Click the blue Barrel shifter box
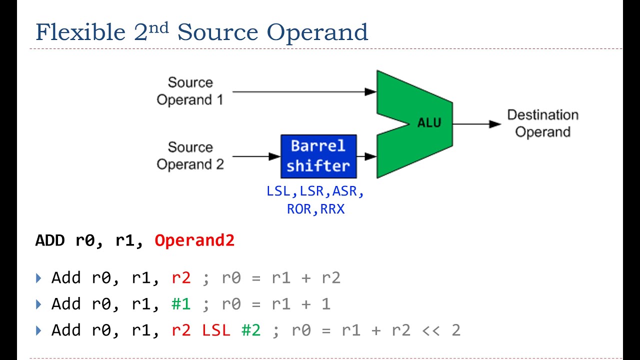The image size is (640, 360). pyautogui.click(x=318, y=156)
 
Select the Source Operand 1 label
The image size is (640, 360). pyautogui.click(x=190, y=91)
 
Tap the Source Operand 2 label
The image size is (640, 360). pyautogui.click(x=190, y=156)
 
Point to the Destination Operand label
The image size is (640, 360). pyautogui.click(x=542, y=123)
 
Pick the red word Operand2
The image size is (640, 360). pyautogui.click(x=194, y=240)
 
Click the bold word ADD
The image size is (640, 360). pyautogui.click(x=50, y=240)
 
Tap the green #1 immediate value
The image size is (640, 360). pyautogui.click(x=181, y=304)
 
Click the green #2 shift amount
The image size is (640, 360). pyautogui.click(x=251, y=330)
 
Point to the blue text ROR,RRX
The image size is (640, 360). pyautogui.click(x=315, y=209)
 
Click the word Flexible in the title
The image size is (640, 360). pyautogui.click(x=80, y=33)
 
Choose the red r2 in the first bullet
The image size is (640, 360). pyautogui.click(x=181, y=278)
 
